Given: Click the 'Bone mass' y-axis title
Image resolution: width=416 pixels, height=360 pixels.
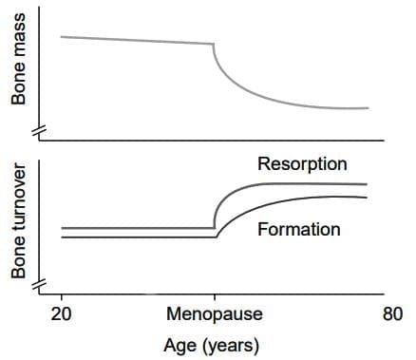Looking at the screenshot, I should click(x=19, y=71).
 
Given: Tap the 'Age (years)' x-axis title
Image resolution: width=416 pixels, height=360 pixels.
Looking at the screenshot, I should click(x=212, y=344).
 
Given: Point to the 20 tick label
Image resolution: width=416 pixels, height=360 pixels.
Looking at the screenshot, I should click(x=61, y=314).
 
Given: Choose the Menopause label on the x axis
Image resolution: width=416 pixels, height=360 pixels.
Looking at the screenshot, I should click(x=214, y=314).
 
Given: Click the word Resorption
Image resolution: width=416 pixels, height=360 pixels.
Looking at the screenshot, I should click(x=302, y=164).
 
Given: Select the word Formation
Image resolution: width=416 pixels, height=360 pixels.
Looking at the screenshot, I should click(x=299, y=230).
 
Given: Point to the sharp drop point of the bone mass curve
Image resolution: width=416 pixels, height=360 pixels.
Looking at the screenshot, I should click(x=214, y=45).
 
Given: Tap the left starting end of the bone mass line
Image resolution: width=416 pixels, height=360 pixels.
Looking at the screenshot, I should click(x=62, y=36).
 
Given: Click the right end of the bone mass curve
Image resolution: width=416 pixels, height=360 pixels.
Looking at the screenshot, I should click(x=367, y=107).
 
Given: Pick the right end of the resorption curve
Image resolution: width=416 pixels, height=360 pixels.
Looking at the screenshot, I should click(x=367, y=183).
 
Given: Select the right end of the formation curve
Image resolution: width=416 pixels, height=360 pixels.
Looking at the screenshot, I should click(x=367, y=197).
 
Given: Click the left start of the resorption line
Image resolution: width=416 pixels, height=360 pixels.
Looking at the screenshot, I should click(x=62, y=228).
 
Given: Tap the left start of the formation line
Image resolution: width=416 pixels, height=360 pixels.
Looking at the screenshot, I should click(x=62, y=237).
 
